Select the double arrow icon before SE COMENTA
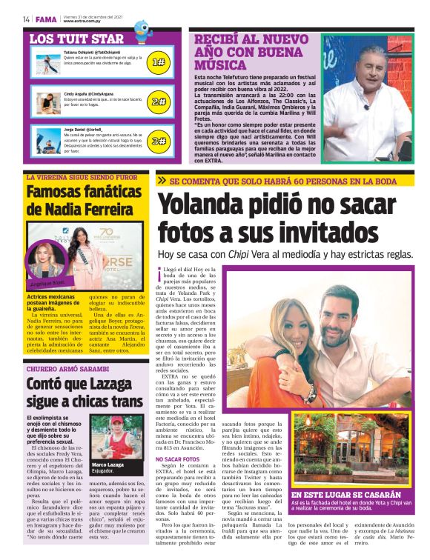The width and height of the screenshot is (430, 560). [161, 180]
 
